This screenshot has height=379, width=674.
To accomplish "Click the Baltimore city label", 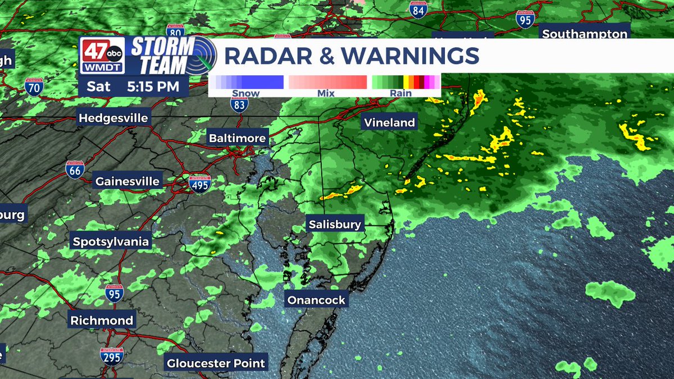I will pos(237,138).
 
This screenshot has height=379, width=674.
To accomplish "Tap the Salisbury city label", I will pos(335,225).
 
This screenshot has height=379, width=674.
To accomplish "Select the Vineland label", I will pos(389,122).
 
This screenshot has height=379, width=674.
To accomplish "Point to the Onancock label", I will pos(316,300).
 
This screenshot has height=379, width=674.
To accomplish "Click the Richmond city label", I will pos(102,321).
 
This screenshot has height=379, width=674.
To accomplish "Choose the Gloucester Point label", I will pos(216,363).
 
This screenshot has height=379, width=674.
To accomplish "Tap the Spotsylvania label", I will pos(111,242).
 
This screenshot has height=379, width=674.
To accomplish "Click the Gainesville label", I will pos(127,181).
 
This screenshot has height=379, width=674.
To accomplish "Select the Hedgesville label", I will pos(113,118).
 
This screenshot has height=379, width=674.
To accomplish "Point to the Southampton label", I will pos(584,34).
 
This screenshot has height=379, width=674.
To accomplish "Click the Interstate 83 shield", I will pos(239,104).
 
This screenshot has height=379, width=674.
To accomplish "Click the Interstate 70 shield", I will pos(35,88).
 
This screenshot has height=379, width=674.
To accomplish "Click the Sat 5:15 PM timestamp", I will pos(133,87).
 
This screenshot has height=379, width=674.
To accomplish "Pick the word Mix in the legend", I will pos(326,93).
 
